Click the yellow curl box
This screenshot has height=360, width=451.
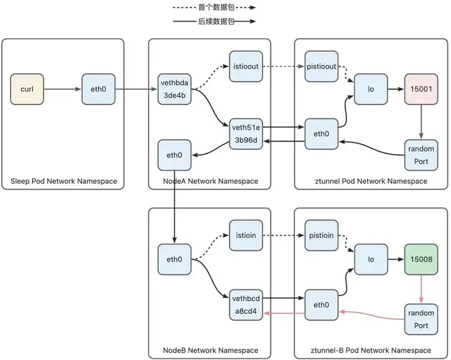(27, 89)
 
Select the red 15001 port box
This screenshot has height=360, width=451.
(421, 89)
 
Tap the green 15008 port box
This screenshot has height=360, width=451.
(421, 259)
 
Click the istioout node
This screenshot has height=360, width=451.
(246, 66)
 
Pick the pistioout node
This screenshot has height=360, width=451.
(321, 66)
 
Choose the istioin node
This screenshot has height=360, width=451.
(246, 235)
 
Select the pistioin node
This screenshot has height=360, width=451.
(321, 235)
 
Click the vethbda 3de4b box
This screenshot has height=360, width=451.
(175, 89)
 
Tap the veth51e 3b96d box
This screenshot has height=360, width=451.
(246, 134)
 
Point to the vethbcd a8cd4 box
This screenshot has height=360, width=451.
(246, 305)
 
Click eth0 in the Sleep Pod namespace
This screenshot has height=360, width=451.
(98, 89)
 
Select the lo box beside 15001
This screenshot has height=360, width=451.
(371, 89)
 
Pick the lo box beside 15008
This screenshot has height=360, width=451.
(371, 259)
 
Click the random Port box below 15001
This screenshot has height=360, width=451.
(421, 155)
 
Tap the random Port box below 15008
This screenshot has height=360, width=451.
(421, 319)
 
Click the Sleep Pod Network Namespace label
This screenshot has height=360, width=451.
(64, 181)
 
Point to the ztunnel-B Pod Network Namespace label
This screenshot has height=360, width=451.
(371, 351)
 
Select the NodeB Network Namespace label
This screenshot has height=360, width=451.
(210, 351)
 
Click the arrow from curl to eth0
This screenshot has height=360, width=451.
(63, 89)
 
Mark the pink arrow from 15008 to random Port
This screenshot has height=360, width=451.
(421, 289)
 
